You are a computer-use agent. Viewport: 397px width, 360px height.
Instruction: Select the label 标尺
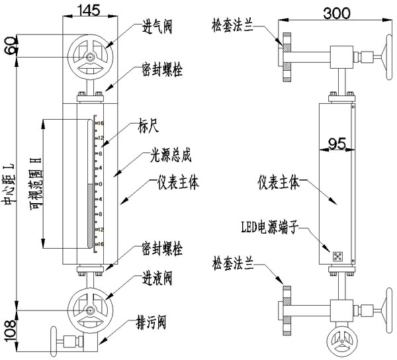149,122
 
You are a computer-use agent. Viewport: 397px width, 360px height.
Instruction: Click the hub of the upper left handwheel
89,57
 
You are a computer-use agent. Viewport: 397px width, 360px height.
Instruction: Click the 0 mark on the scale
100,183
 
